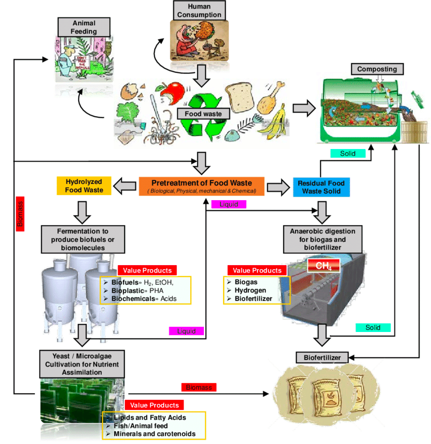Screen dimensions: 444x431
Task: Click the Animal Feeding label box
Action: point(84,27)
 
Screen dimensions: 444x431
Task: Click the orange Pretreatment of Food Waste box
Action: point(202,186)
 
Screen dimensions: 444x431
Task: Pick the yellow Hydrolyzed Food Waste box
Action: point(84,186)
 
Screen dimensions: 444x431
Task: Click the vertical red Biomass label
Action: point(21,213)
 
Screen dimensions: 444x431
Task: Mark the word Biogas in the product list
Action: point(245,281)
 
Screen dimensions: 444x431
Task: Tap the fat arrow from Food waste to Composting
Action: point(303,107)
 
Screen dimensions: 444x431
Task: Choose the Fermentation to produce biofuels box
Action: point(84,239)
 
